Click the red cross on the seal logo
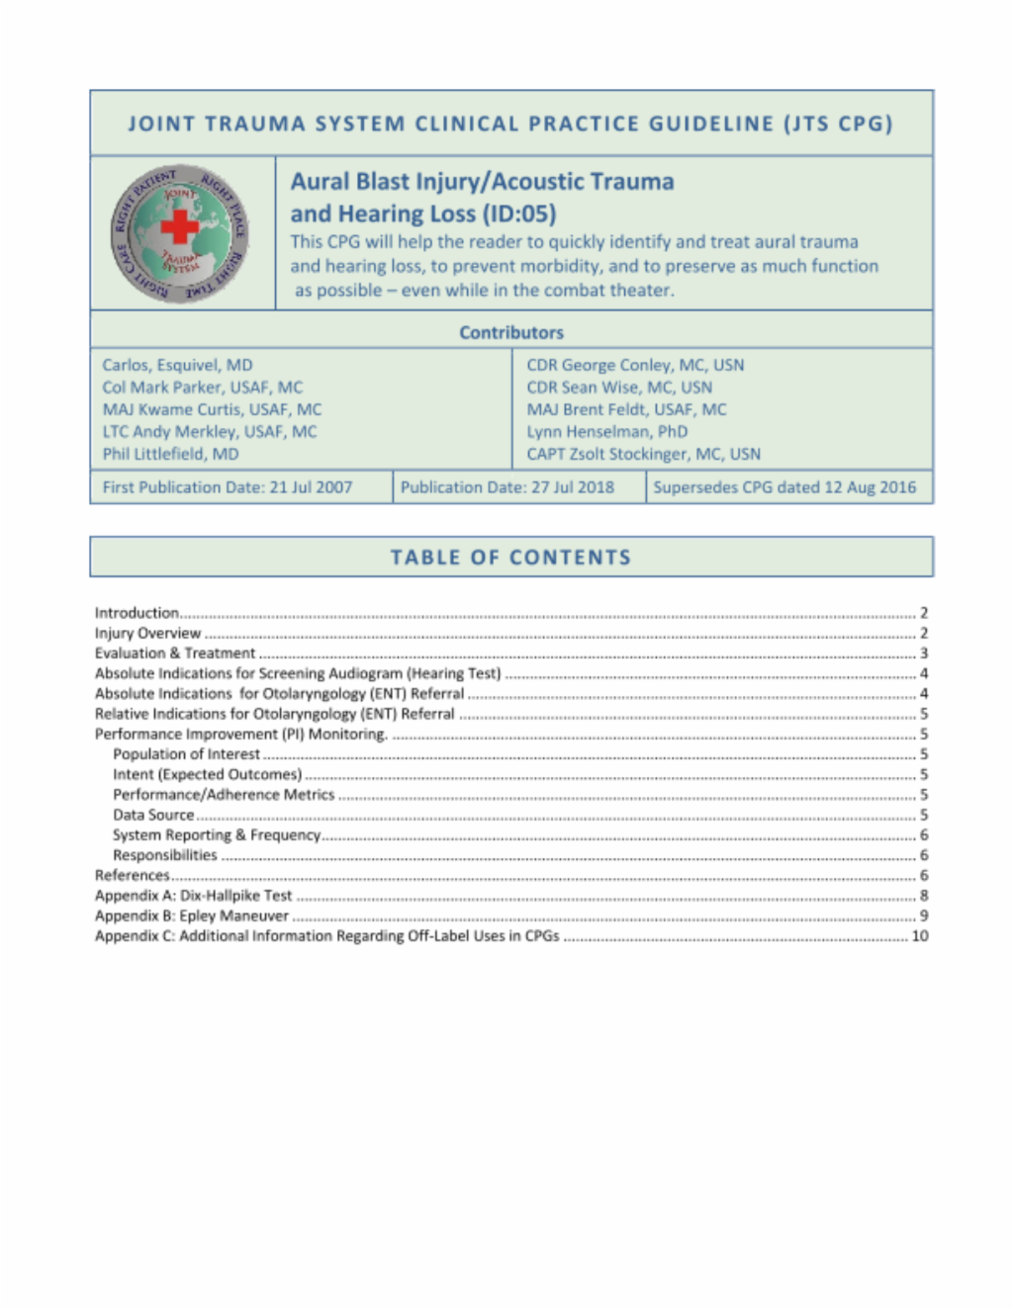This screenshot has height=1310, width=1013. (x=179, y=226)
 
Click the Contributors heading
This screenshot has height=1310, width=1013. (x=511, y=333)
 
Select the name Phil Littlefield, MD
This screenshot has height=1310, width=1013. (x=170, y=454)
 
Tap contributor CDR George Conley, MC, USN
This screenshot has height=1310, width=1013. (x=635, y=365)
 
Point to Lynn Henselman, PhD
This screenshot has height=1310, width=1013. (x=606, y=431)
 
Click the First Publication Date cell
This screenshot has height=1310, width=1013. (x=228, y=487)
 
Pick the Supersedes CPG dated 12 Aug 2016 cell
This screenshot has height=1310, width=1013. (x=784, y=487)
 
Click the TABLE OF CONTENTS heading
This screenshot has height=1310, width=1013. (x=510, y=558)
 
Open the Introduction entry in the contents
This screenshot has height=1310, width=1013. (x=137, y=613)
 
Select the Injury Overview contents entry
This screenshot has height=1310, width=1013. (x=147, y=633)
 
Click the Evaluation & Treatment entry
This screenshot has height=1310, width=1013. (x=175, y=654)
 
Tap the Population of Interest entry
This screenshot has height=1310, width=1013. (x=186, y=754)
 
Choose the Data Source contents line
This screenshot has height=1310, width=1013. (x=153, y=815)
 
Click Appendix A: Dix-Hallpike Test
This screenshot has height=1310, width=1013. (x=193, y=896)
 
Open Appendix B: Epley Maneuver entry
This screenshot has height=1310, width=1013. (x=191, y=916)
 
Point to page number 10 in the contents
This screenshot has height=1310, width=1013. (x=920, y=936)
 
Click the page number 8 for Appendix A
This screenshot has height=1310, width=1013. (x=924, y=896)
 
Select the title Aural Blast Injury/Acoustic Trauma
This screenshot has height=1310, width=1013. (x=482, y=182)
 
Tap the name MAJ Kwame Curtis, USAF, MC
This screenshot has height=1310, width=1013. (x=212, y=409)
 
